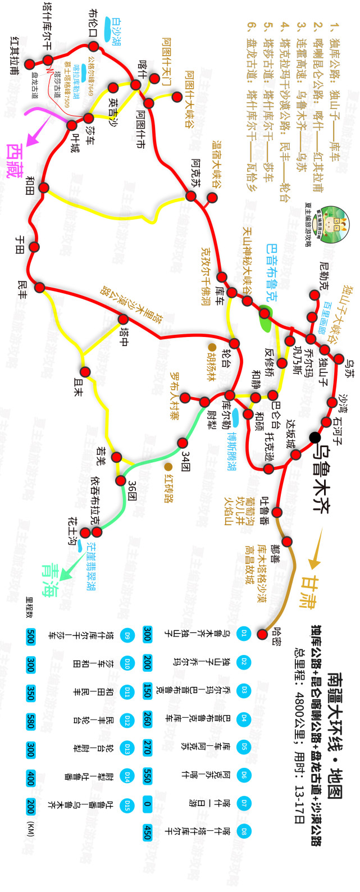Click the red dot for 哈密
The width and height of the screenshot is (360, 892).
pyautogui.click(x=262, y=634)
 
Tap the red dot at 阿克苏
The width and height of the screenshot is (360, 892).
pyautogui.click(x=191, y=196)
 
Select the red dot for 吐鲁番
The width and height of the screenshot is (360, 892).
pyautogui.click(x=276, y=512)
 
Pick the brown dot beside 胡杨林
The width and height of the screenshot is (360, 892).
pyautogui.click(x=212, y=347)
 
